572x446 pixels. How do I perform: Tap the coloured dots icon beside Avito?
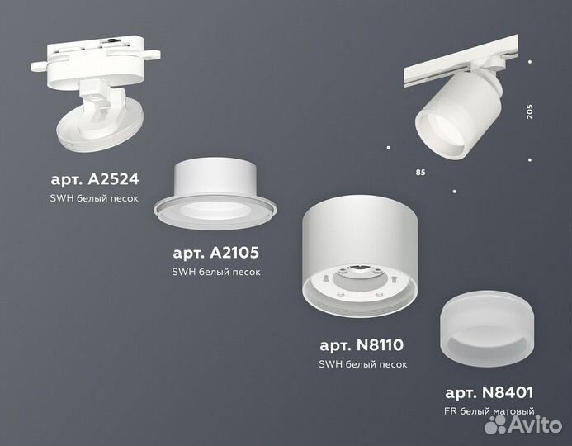(497, 424)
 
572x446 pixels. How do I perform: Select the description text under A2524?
(92, 199)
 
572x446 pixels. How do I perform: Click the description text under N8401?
(489, 410)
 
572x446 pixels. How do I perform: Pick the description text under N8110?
(362, 364)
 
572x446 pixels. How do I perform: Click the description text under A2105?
(215, 272)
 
